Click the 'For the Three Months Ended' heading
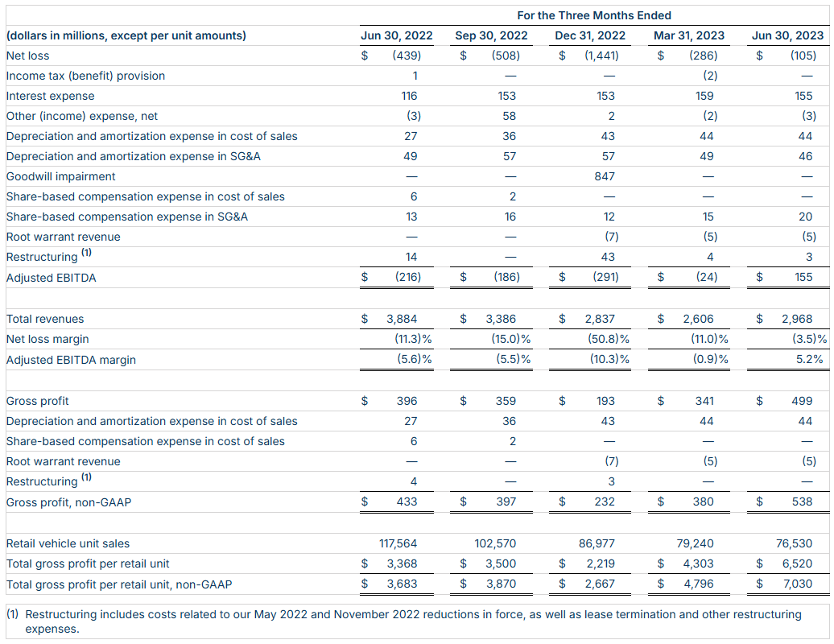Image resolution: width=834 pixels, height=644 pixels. tap(593, 15)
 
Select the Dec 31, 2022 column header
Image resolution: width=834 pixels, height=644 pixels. tap(590, 35)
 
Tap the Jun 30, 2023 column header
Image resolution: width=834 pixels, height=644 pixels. tap(787, 35)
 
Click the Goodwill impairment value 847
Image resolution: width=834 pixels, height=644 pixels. tap(605, 176)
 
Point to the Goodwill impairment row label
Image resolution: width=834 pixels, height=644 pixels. tap(60, 176)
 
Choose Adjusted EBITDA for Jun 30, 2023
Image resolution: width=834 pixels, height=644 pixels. tap(803, 277)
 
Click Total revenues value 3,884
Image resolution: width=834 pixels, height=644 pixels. tap(402, 319)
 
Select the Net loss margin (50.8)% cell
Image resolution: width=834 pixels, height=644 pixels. tap(609, 339)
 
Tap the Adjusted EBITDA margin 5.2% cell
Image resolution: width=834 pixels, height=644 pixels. tap(810, 360)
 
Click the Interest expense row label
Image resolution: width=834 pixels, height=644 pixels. tap(51, 97)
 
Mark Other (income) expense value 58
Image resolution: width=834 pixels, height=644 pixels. tap(509, 116)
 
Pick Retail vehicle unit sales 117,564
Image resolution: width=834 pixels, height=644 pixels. tap(398, 543)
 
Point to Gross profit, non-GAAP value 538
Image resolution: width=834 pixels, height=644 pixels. tap(802, 502)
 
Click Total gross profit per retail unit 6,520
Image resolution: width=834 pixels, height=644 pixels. tap(797, 563)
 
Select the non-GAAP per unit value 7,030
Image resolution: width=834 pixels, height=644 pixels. tap(798, 584)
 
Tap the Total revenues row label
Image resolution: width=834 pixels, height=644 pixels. tap(45, 319)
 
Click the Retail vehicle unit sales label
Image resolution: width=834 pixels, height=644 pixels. tap(68, 543)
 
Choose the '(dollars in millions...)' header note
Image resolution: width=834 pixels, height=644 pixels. tap(126, 35)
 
